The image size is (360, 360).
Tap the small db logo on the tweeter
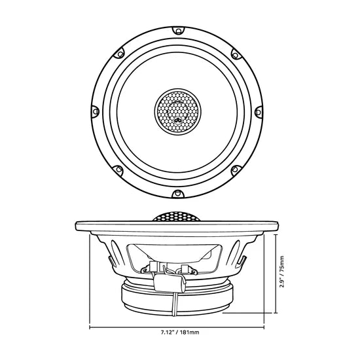point(178,119)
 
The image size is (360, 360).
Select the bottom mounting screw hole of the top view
point(178,194)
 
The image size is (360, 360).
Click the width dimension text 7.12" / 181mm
point(179,332)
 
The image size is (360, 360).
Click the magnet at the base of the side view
point(178,298)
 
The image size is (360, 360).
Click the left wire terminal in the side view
point(156,266)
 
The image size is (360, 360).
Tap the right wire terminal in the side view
point(186,268)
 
